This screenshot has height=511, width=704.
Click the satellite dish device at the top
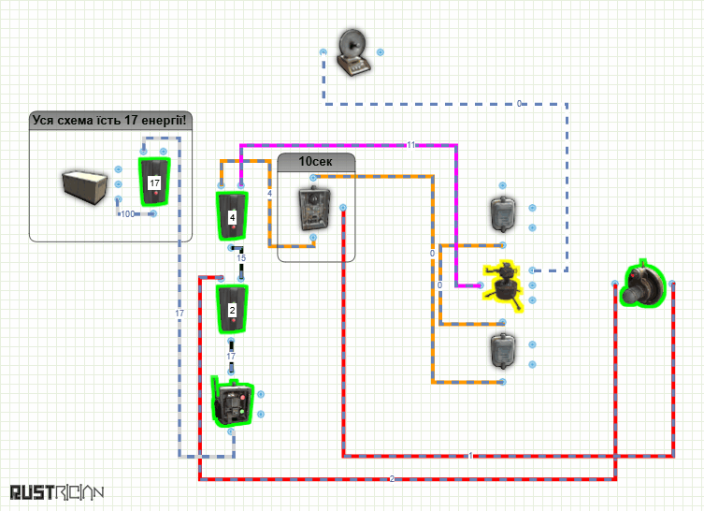(x=353, y=52)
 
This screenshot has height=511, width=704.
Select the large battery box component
(x=84, y=186)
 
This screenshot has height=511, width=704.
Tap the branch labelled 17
(x=154, y=182)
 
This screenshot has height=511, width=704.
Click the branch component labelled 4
(x=232, y=216)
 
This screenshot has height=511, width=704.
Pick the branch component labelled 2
(x=232, y=309)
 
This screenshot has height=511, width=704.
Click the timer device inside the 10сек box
(x=314, y=209)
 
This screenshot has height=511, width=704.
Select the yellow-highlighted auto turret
(x=503, y=285)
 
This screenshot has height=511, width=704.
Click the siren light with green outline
(x=642, y=285)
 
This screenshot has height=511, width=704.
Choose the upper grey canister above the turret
(x=503, y=213)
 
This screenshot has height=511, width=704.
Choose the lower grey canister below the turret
(x=503, y=351)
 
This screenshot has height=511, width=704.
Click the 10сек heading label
(x=316, y=161)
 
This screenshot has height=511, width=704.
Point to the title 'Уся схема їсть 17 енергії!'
(x=109, y=121)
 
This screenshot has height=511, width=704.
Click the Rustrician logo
(x=57, y=492)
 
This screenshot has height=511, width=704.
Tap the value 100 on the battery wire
(x=128, y=214)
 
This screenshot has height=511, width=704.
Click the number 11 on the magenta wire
(x=411, y=145)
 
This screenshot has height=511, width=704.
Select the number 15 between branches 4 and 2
(x=241, y=258)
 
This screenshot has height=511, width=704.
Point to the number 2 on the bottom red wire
(x=392, y=479)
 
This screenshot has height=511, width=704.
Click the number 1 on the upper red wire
(x=470, y=456)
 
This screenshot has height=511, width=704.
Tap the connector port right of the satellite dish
(x=381, y=52)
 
